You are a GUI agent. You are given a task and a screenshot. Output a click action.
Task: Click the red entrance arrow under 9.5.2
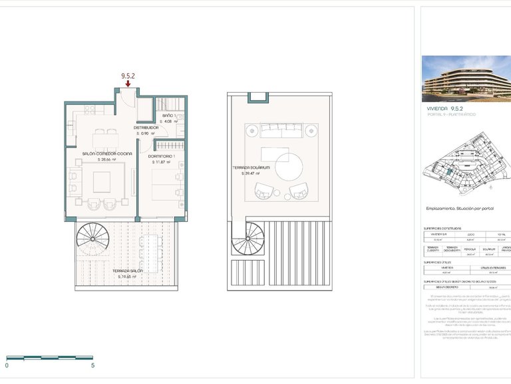click(128, 85)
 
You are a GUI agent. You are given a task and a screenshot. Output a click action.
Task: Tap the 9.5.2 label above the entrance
click(128, 76)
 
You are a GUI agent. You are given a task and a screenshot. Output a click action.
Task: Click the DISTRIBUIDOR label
click(146, 127)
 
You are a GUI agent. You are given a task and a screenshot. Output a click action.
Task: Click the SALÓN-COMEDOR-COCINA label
click(107, 153)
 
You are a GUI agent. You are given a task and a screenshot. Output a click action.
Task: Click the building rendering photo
click(466, 77)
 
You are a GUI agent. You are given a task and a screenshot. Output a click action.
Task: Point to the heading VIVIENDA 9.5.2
click(445, 107)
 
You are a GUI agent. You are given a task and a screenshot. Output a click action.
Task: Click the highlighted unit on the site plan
click(450, 173)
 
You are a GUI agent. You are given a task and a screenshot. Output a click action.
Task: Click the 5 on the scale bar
click(93, 365)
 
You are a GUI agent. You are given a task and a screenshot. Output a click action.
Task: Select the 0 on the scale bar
click(7, 365)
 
